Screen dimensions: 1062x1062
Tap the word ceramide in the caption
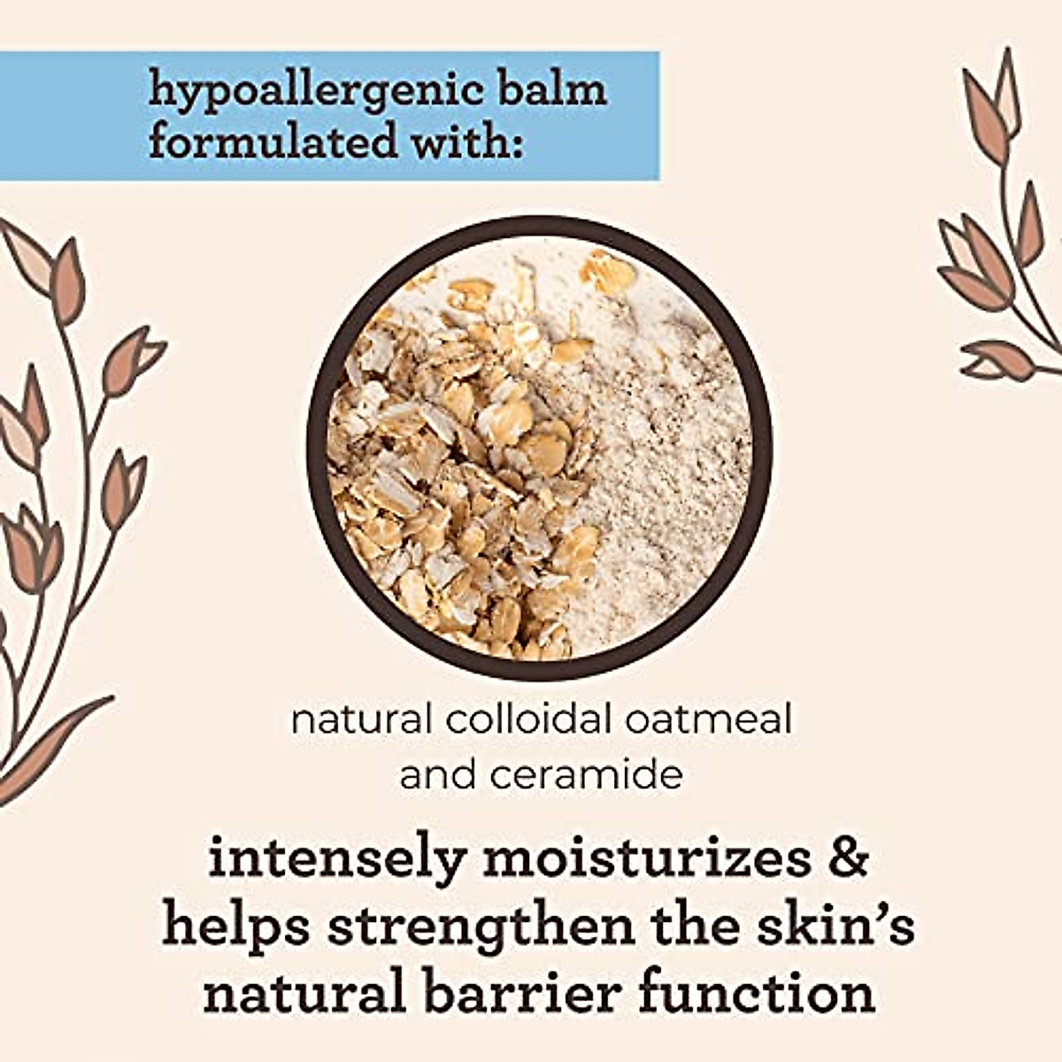pyautogui.click(x=587, y=775)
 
